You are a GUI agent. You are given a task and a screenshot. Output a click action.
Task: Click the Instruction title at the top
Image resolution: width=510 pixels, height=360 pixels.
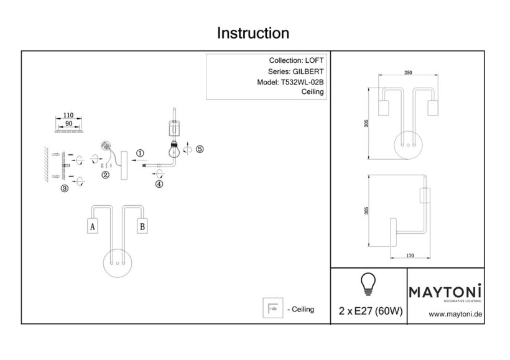tap(253, 33)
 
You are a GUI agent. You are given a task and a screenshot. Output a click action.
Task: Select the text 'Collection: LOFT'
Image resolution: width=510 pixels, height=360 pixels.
tap(295, 61)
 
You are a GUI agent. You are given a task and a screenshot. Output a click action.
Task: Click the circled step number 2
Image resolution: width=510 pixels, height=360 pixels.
tap(106, 175)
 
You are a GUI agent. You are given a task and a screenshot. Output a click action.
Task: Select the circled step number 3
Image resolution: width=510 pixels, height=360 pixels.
tap(64, 188)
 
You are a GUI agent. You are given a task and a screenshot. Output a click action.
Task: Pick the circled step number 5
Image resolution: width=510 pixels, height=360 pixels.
tap(200, 149)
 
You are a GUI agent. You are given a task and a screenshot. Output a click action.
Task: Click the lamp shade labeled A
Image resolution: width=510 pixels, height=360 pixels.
tap(92, 227)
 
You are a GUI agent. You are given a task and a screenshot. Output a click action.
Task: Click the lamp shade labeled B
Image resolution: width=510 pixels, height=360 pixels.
tap(142, 227)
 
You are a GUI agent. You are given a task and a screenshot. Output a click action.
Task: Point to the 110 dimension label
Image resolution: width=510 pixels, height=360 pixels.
tap(69, 116)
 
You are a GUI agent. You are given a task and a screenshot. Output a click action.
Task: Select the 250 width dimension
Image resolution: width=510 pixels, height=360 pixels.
tap(408, 72)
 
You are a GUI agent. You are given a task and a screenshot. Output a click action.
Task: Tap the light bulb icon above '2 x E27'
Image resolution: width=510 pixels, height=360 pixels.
tap(368, 284)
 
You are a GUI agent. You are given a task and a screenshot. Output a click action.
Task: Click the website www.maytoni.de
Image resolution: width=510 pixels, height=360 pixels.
tap(456, 315)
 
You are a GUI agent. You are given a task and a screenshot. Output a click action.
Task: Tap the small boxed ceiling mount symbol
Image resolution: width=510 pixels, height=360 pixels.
tap(272, 308)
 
